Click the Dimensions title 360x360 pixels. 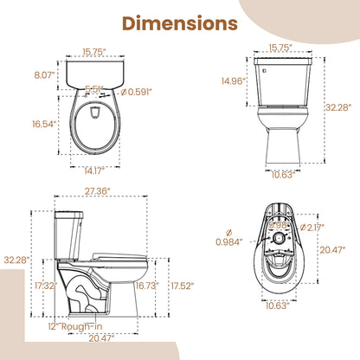[x=179, y=22]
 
